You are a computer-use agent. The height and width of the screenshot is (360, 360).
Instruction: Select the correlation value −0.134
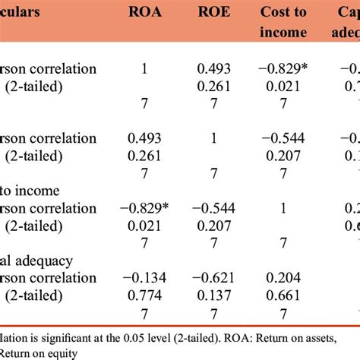click(144, 278)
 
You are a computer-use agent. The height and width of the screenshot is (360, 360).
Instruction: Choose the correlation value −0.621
click(215, 278)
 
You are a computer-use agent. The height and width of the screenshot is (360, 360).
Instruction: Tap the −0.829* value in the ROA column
click(147, 207)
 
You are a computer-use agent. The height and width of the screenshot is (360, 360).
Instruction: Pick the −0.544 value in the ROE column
click(215, 207)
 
